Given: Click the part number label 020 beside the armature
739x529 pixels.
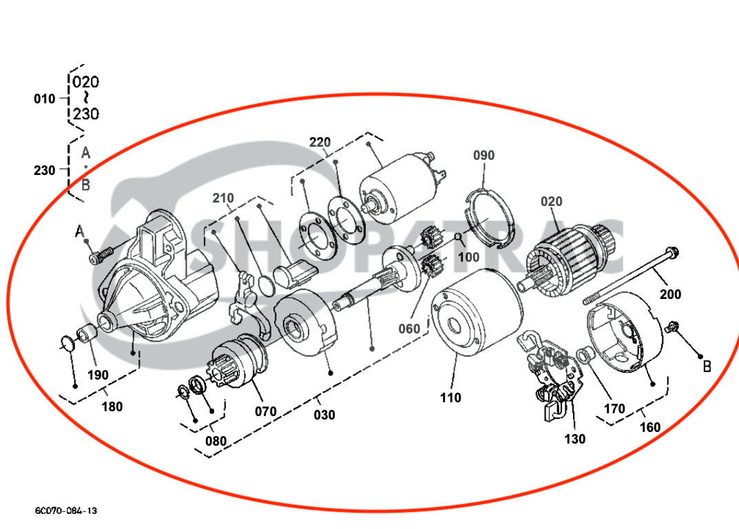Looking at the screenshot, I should tap(551, 202).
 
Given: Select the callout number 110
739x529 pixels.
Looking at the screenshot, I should tap(450, 397).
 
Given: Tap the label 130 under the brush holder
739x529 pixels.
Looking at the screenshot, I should tap(574, 439).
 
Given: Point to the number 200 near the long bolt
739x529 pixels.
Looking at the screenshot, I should tap(670, 294).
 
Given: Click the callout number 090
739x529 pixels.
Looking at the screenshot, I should tap(483, 156).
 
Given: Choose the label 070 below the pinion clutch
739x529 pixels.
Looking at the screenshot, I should tap(265, 412).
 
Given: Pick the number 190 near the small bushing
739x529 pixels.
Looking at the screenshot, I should tap(98, 375).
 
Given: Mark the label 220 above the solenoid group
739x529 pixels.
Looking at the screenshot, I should tap(320, 143).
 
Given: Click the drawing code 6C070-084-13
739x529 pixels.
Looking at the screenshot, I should tap(66, 510).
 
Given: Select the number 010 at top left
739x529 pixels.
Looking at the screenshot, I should tap(45, 99).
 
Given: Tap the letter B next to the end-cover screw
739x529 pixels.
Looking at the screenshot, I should tap(706, 367).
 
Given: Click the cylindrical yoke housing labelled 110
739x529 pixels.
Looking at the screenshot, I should tap(475, 313).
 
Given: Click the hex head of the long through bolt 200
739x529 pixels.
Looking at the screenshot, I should tap(672, 253).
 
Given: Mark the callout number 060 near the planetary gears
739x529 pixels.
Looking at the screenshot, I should tap(409, 329).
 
